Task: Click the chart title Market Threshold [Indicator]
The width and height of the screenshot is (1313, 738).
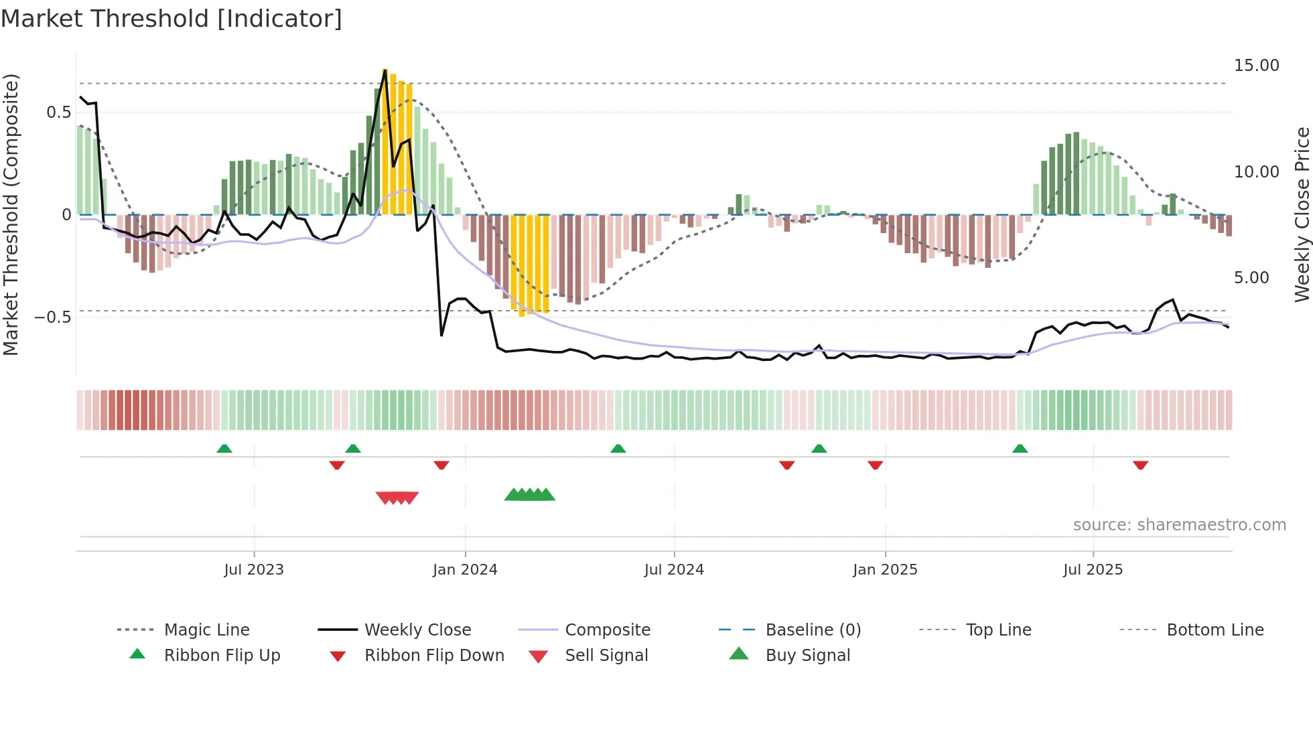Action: coord(171,19)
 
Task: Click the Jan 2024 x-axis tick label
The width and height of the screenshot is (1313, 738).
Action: coord(465,569)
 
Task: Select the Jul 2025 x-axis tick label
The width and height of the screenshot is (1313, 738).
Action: coord(1093,569)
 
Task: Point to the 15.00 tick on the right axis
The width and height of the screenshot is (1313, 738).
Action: coord(1256,66)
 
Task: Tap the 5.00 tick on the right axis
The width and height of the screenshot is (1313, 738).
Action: coord(1251,277)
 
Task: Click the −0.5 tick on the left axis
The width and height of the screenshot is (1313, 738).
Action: coord(52,317)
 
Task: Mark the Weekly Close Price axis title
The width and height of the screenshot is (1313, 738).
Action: coord(1301,214)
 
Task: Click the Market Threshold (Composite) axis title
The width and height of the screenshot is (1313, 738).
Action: coord(11,214)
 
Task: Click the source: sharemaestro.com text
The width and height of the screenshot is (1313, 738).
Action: coord(1179,524)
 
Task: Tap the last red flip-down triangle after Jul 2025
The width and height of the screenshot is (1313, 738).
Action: coord(1140,465)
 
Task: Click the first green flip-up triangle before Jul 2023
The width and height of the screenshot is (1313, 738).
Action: coord(224,449)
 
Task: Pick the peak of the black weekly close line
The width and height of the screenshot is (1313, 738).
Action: coord(385,70)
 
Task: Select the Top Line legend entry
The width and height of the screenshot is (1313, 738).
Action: coord(998,630)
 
